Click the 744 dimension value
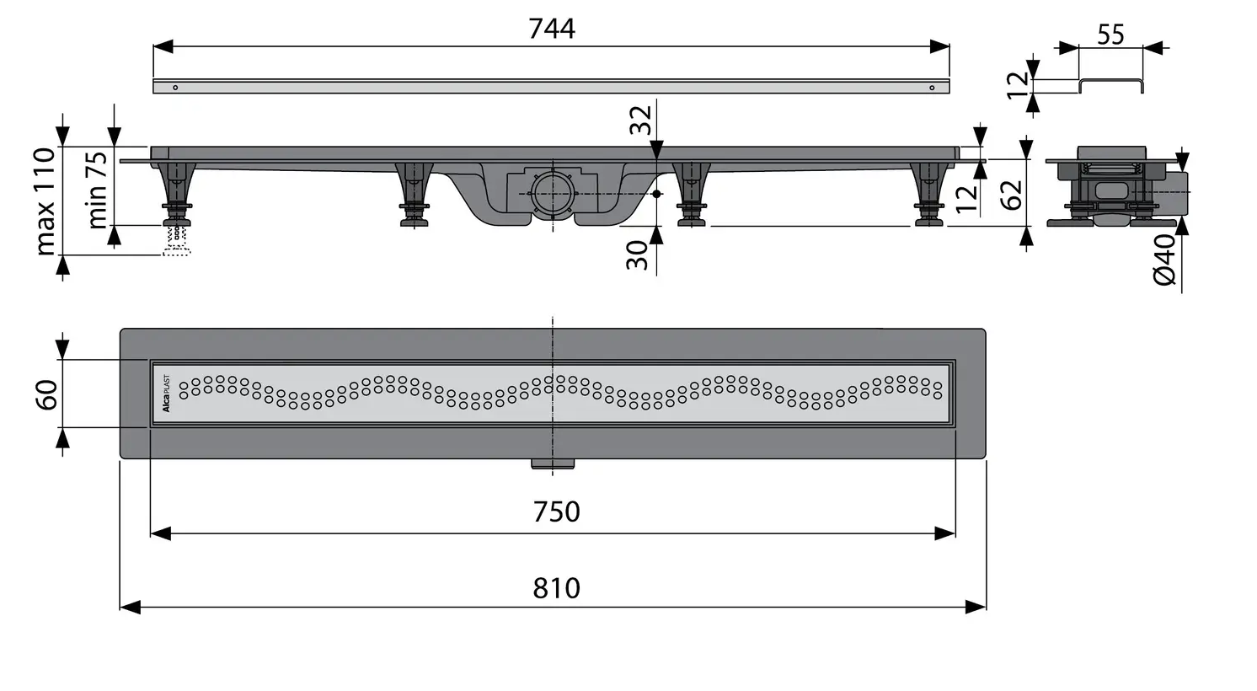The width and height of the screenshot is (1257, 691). click(x=552, y=29)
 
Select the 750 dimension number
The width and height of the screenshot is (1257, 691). click(x=556, y=512)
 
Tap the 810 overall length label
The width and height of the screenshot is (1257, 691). click(x=556, y=587)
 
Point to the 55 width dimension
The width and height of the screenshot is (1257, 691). click(x=1110, y=35)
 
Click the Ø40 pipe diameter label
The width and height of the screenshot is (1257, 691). click(x=1164, y=260)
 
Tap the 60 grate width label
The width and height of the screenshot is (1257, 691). click(x=46, y=394)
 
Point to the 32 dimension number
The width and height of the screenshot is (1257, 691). click(x=641, y=120)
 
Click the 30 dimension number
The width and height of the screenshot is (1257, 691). click(x=638, y=254)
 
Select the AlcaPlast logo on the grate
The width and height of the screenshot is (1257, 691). click(x=166, y=394)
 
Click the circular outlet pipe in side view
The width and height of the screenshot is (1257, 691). click(x=552, y=192)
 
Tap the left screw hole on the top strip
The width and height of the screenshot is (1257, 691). click(x=175, y=87)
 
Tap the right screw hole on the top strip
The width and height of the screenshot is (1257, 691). click(x=931, y=87)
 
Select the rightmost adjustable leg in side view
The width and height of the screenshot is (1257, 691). click(x=928, y=195)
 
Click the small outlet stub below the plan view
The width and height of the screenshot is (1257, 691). click(x=553, y=463)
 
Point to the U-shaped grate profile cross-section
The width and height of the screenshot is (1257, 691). click(x=1111, y=85)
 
